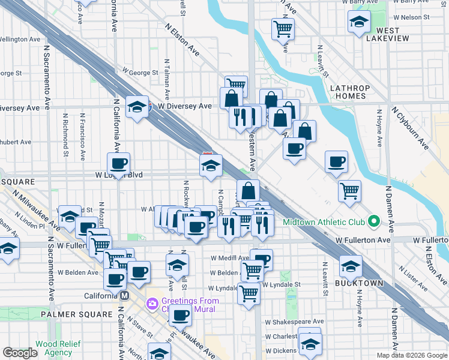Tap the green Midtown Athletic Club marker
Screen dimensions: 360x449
(x=373, y=222)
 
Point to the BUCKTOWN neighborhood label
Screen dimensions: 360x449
(x=351, y=283)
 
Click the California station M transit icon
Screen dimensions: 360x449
(x=125, y=296)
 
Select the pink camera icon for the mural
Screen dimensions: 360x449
(x=152, y=303)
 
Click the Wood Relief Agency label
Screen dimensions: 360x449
(x=54, y=349)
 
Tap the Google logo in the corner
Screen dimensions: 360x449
(x=20, y=353)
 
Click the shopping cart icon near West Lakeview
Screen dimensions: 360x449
(x=283, y=28)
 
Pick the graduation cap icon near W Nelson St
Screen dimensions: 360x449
(x=358, y=23)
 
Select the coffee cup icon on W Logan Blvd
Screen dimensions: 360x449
(x=119, y=163)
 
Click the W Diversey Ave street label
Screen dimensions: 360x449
(x=180, y=106)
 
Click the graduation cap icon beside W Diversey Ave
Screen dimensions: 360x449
(x=137, y=107)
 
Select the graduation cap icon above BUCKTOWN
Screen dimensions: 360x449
(x=351, y=266)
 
